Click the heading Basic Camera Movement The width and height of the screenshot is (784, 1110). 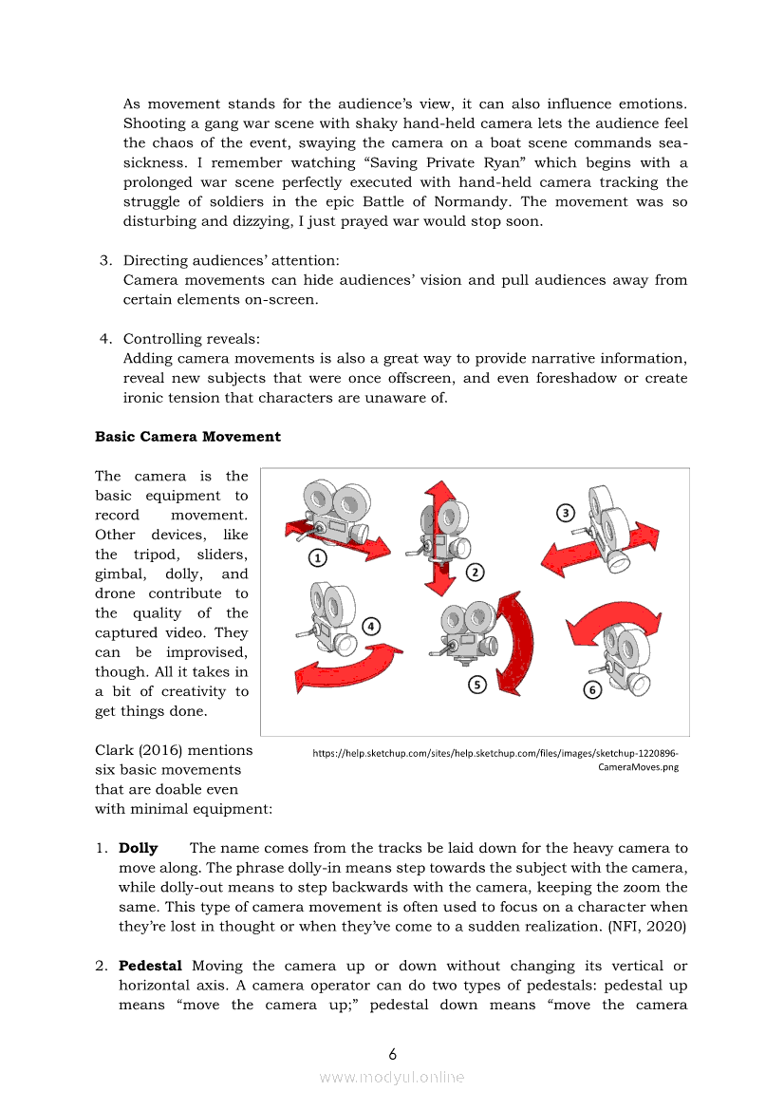coord(188,437)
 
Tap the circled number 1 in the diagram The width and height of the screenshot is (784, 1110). coord(316,557)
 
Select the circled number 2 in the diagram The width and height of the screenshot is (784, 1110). coord(475,572)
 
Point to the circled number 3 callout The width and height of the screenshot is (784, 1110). coord(565,513)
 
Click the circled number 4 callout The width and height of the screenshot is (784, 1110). coord(371,626)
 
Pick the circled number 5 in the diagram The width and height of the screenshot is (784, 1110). coord(477,683)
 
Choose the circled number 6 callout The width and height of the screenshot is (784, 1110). coord(592,690)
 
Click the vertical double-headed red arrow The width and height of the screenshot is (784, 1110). coord(438,536)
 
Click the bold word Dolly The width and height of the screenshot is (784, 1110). coord(138,848)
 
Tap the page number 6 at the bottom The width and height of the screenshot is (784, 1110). coord(392,1054)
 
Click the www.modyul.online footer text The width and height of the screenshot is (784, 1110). coord(392,1077)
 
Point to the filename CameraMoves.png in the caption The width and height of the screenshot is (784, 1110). coord(638,767)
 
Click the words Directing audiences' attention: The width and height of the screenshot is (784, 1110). coord(232,260)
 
